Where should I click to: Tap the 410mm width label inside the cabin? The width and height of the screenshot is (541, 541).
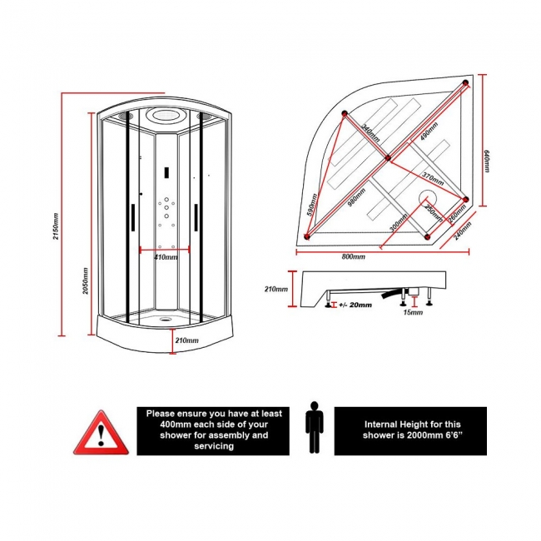[166, 257]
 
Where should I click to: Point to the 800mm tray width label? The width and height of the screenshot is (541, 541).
[353, 257]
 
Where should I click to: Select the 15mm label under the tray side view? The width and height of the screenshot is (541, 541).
[412, 313]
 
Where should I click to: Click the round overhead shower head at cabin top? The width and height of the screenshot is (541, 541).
[165, 117]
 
